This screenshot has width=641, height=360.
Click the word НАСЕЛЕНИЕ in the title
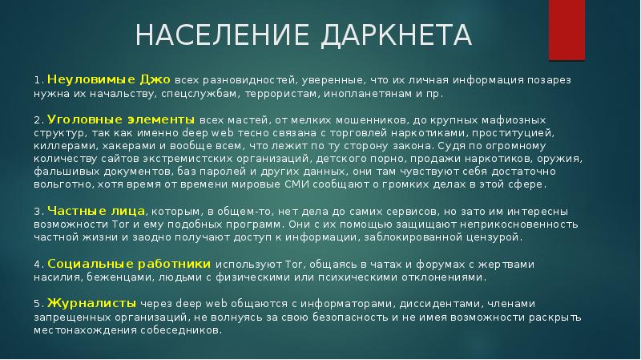point(222,34)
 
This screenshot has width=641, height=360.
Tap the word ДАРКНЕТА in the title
point(396,35)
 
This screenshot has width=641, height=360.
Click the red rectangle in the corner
point(566,30)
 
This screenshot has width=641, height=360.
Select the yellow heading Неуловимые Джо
point(109,79)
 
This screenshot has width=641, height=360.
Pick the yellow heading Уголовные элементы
point(121,119)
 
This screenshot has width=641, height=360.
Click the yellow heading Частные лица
point(96,211)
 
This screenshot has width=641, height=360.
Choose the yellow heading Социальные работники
point(129,264)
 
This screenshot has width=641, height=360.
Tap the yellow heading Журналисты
point(91,304)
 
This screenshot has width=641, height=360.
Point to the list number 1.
point(38,80)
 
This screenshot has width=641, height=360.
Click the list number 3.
point(38,212)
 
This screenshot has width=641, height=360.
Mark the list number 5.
point(38,305)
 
